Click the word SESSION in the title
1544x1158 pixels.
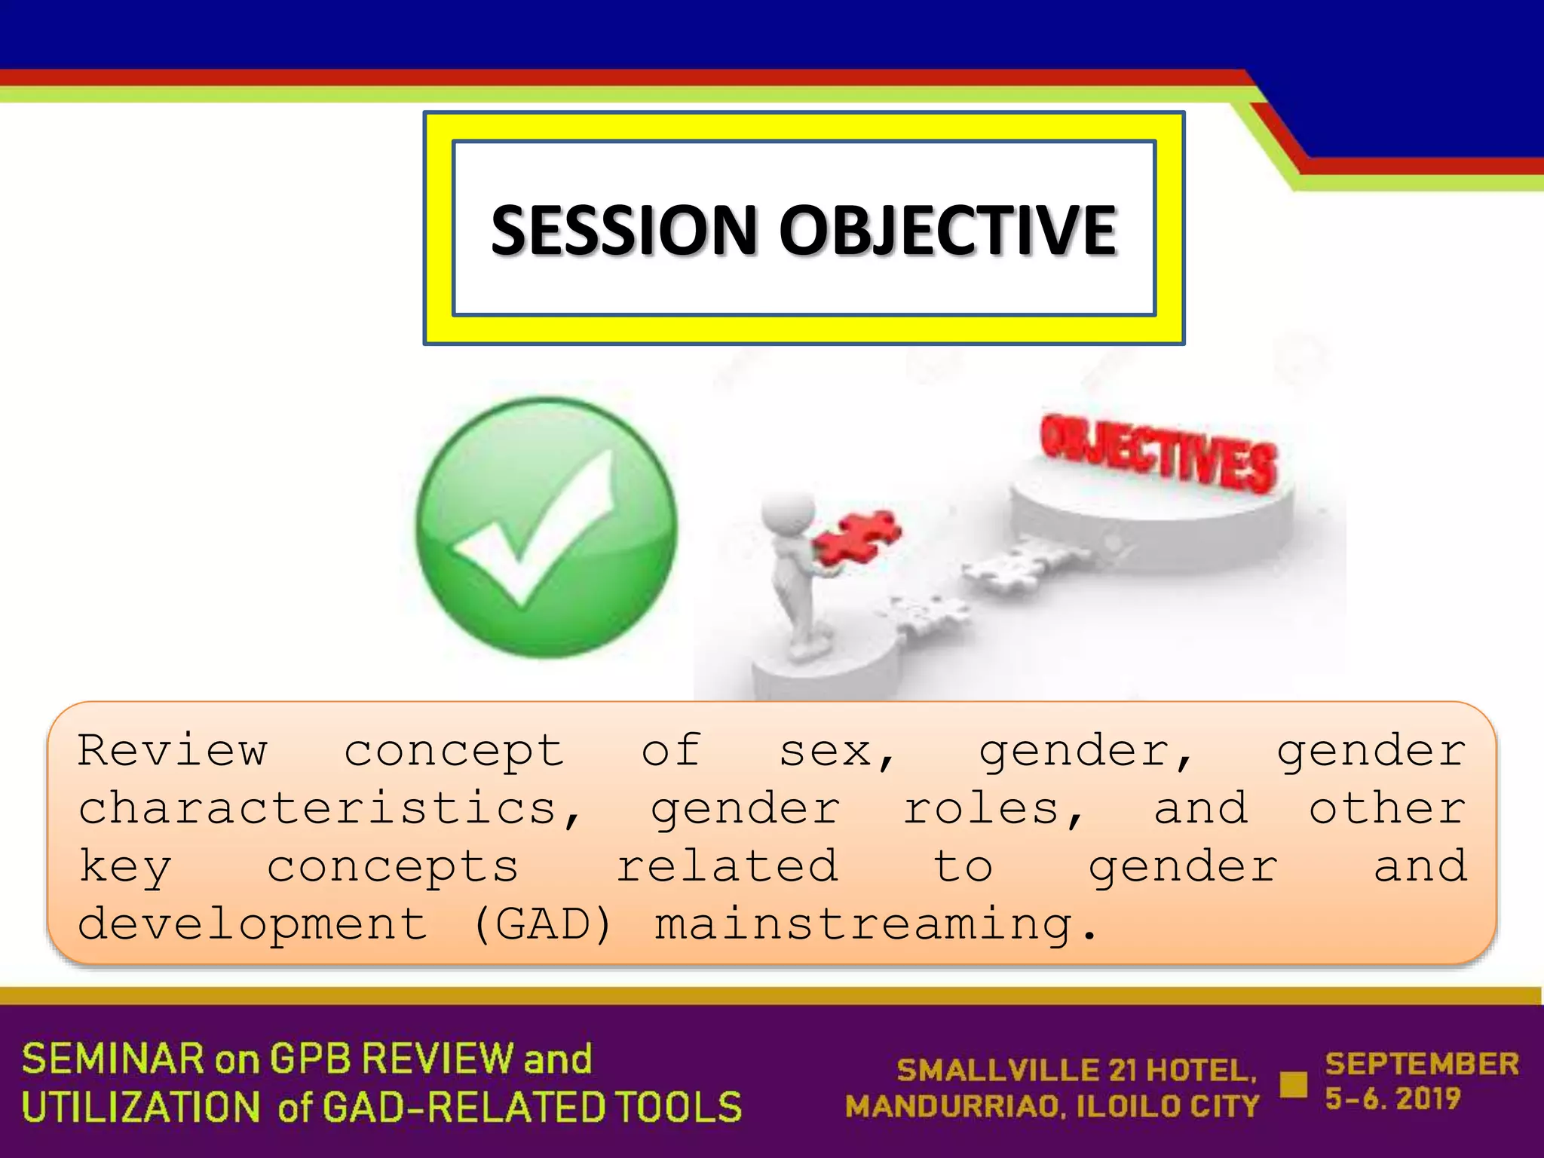624,230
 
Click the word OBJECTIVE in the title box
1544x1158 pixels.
947,230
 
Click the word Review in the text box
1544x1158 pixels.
173,750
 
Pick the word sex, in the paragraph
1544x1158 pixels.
837,752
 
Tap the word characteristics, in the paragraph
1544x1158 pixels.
329,809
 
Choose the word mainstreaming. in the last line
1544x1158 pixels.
875,926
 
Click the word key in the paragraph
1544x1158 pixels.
126,867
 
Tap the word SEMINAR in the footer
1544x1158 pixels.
113,1058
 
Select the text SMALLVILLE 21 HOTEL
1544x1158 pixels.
1077,1071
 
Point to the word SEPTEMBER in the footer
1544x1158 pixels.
1422,1064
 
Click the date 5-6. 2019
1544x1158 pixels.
1392,1099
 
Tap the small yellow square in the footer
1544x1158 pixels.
1294,1085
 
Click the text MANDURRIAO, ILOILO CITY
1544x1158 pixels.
1052,1107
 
